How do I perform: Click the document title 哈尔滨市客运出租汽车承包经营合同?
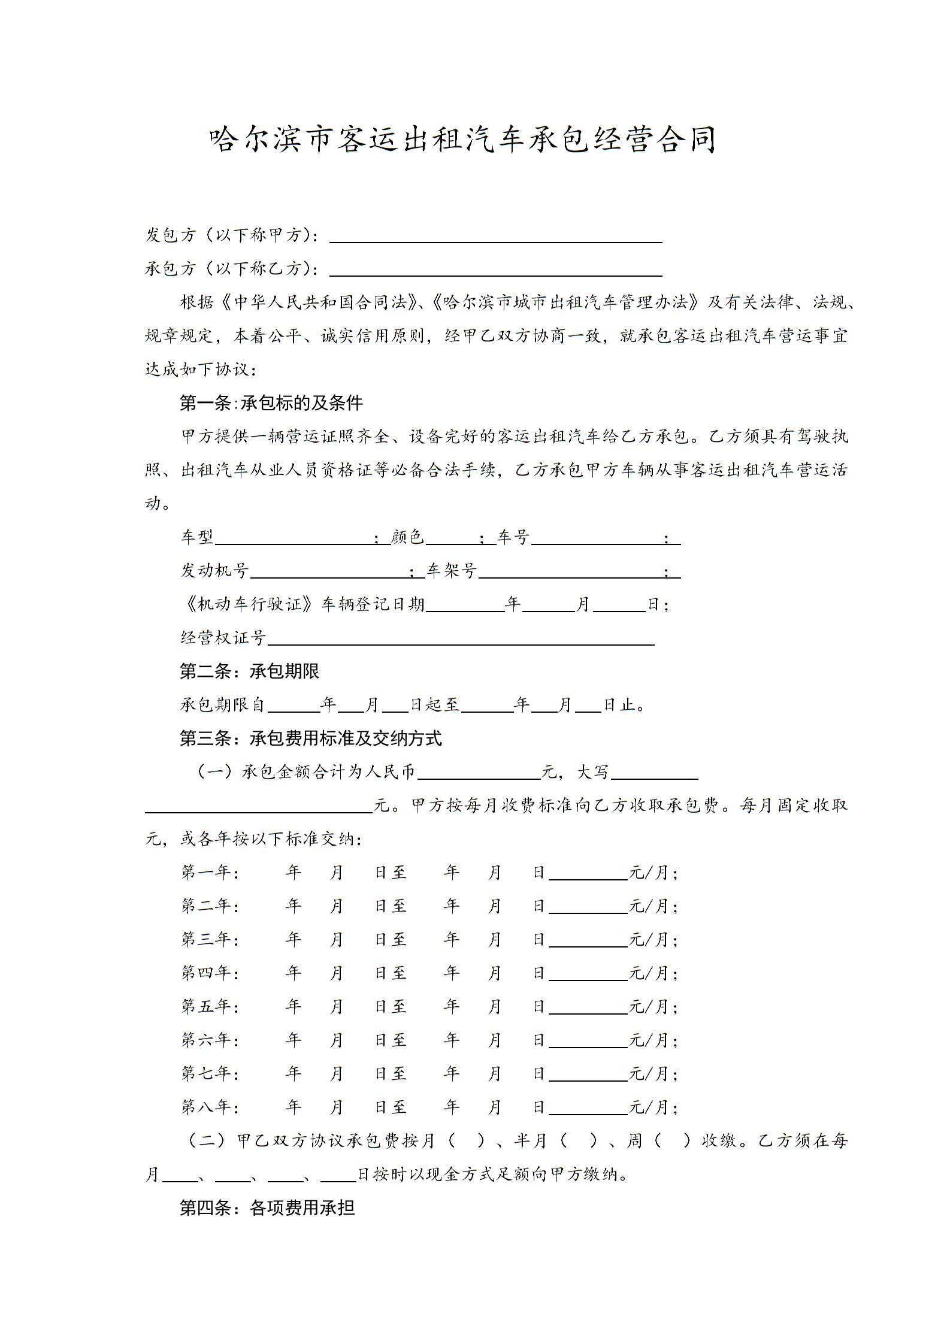(462, 140)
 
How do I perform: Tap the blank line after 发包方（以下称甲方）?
(495, 236)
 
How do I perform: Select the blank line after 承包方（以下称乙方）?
(495, 270)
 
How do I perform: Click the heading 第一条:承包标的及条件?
(271, 403)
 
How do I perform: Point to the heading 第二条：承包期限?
(249, 671)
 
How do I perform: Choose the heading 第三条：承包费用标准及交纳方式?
(311, 738)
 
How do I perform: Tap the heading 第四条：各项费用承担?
(267, 1208)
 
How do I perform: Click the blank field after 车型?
(294, 538)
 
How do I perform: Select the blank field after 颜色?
(452, 538)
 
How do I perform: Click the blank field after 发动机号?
(329, 571)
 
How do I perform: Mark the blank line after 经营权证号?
(461, 638)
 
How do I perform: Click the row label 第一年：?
(210, 873)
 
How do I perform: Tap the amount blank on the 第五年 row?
(588, 1007)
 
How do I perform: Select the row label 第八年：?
(210, 1107)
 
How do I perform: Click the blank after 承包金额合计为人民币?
(479, 773)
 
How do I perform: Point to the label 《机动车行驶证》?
(248, 604)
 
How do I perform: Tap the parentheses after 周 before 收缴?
(671, 1141)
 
